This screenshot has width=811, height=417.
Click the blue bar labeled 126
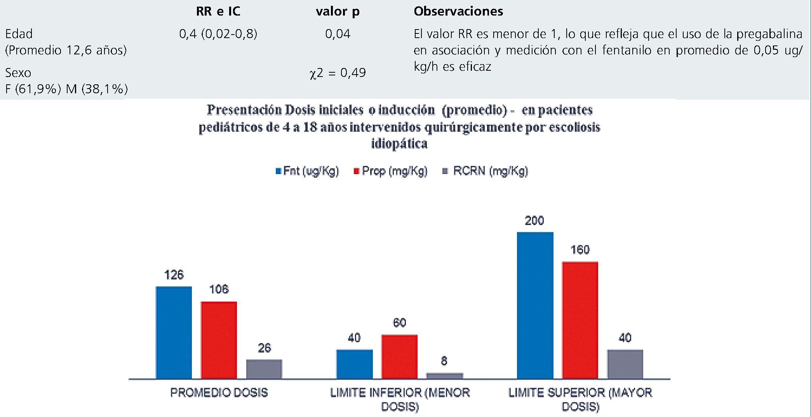point(174,333)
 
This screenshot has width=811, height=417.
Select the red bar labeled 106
point(219,340)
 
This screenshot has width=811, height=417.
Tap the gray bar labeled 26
point(264,369)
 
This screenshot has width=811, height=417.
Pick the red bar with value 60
point(399,356)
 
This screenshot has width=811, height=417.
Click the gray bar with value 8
point(444,376)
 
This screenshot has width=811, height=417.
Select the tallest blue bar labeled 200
point(535,305)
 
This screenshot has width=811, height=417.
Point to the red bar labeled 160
point(580,320)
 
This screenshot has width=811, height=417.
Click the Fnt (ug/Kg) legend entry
point(307,171)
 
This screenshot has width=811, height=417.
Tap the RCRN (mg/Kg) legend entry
point(486,171)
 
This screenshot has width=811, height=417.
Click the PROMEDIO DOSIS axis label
point(219,393)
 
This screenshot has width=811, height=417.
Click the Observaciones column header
point(458,11)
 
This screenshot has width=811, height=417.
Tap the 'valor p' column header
point(338,11)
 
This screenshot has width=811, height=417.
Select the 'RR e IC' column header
point(218,11)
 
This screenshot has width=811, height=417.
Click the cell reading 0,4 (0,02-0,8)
point(218,34)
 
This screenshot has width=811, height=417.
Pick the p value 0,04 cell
point(338,34)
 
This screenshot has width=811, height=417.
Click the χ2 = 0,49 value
point(338,73)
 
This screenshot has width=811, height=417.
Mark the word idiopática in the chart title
point(399,144)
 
